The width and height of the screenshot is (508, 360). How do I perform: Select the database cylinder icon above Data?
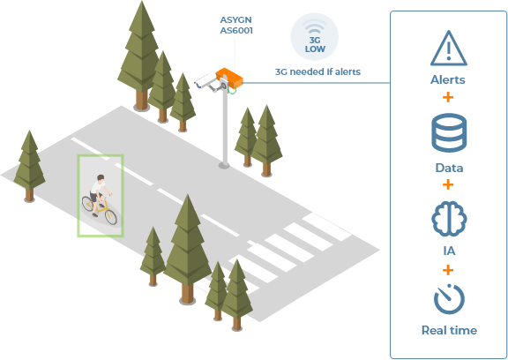click(x=449, y=133)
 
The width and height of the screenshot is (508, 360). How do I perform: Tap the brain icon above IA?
click(x=449, y=218)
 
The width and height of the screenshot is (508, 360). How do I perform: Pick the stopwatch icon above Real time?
click(x=449, y=299)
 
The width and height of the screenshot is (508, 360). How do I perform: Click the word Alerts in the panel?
click(x=448, y=79)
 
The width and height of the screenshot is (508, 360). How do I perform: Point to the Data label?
click(x=449, y=168)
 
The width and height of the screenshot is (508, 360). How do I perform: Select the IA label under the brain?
click(x=449, y=251)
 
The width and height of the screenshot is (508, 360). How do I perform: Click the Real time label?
click(x=449, y=330)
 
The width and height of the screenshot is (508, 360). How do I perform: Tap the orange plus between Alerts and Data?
click(x=448, y=97)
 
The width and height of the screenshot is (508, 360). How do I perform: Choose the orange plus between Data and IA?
click(x=448, y=184)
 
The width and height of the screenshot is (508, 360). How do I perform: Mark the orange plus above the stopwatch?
click(x=448, y=270)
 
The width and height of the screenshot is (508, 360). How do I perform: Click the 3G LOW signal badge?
click(x=315, y=36)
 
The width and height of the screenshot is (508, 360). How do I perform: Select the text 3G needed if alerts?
click(x=317, y=71)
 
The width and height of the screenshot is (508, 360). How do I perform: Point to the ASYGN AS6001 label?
click(x=236, y=25)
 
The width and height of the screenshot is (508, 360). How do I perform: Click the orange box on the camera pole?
click(x=229, y=78)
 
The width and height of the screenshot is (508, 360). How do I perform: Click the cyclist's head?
click(x=101, y=178)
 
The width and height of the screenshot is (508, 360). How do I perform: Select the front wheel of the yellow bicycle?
click(x=111, y=217)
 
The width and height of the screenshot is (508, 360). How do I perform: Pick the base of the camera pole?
click(x=224, y=166)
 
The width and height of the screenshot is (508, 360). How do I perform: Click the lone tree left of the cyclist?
click(x=29, y=166)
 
